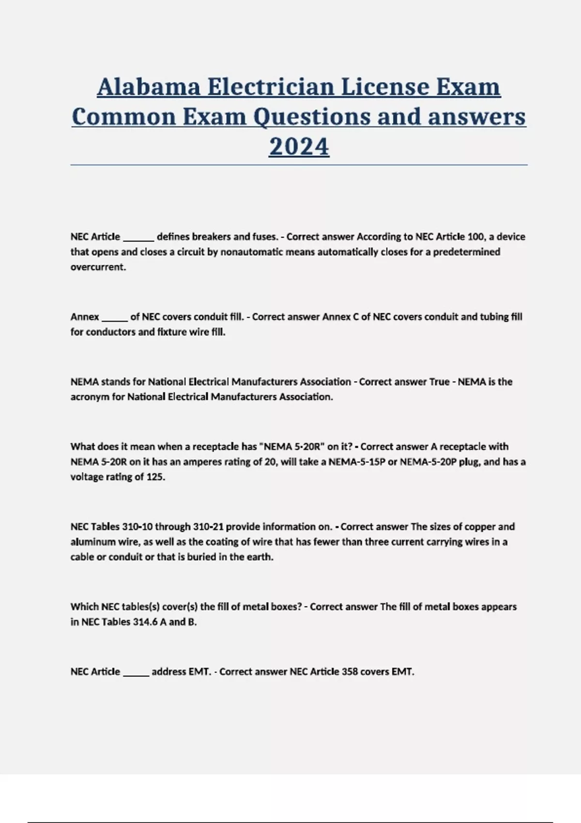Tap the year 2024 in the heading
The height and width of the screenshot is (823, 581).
tap(299, 146)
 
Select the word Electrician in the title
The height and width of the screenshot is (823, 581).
tap(270, 87)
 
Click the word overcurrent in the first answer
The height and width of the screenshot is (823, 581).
tap(98, 267)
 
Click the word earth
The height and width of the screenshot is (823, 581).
tap(261, 557)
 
